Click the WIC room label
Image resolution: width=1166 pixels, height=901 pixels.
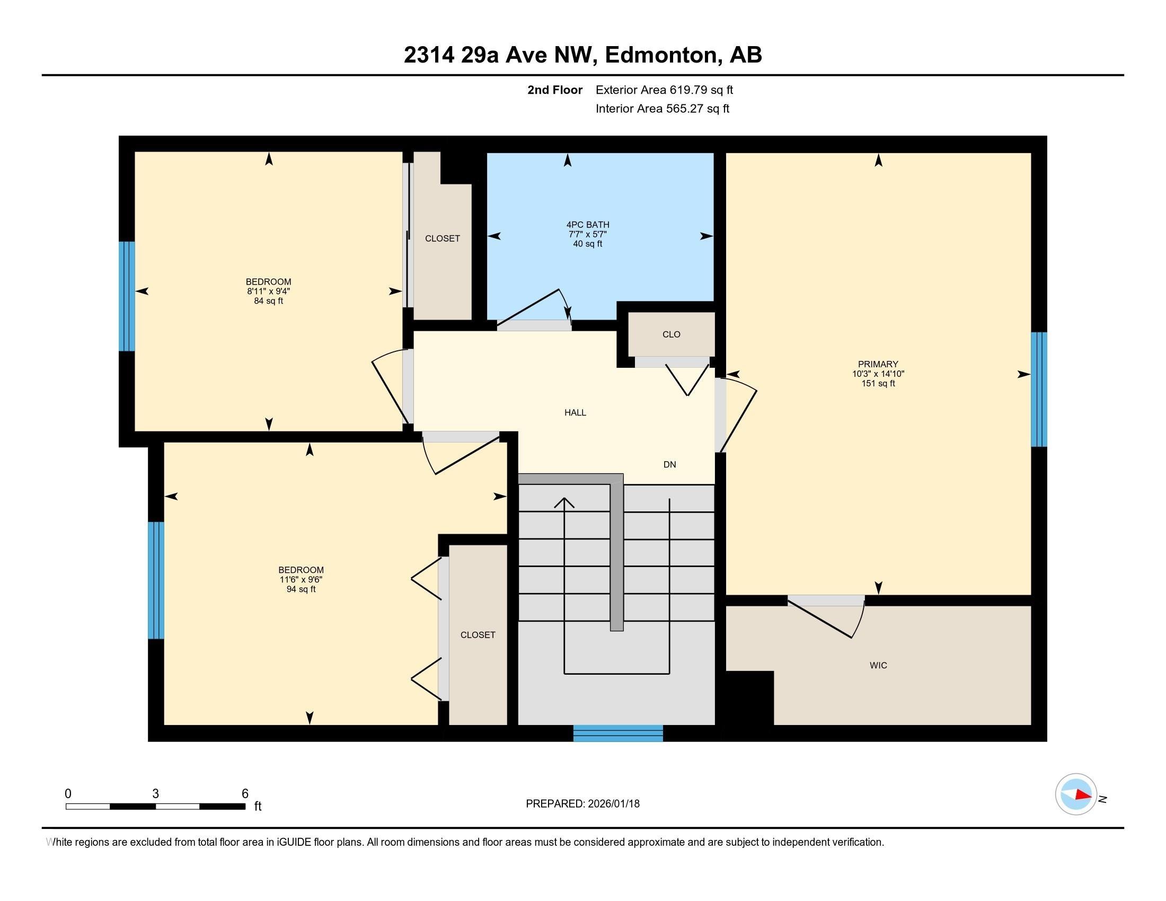click(878, 665)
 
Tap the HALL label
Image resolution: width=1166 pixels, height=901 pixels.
click(575, 412)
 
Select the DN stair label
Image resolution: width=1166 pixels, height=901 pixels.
click(669, 464)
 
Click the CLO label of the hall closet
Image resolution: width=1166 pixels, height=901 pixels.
click(671, 334)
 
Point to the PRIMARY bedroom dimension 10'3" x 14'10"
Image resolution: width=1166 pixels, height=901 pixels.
click(878, 374)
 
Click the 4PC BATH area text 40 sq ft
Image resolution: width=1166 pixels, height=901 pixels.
click(587, 244)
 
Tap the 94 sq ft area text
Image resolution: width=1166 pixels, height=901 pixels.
click(301, 589)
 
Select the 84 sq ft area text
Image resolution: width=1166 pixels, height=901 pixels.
click(269, 301)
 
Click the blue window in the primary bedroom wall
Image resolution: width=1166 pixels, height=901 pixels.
click(1039, 389)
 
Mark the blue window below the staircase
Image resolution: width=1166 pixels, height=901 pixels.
click(618, 734)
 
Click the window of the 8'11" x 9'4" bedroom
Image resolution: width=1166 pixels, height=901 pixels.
click(127, 296)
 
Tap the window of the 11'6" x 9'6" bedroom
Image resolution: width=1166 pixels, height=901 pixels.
click(156, 580)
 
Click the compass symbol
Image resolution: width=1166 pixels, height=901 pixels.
click(1076, 794)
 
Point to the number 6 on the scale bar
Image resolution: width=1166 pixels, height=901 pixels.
click(245, 794)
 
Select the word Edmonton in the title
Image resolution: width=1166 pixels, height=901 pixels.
click(661, 55)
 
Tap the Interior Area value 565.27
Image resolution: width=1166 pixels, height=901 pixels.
click(685, 108)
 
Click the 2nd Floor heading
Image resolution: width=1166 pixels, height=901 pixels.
click(555, 90)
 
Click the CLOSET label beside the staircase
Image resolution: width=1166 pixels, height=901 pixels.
click(478, 634)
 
